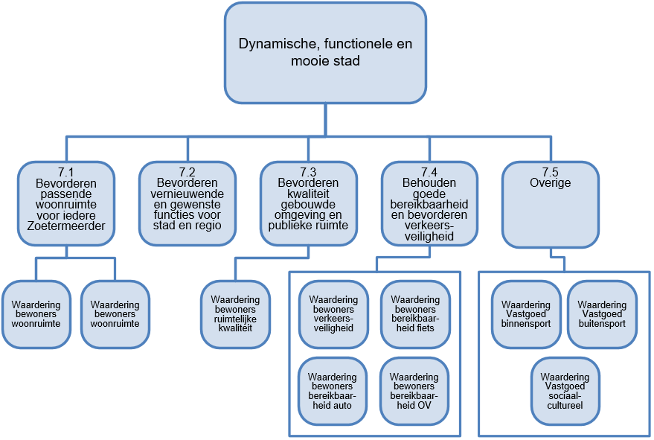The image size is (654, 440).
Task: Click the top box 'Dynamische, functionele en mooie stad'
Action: click(x=325, y=52)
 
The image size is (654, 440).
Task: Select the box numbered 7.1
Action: click(x=67, y=204)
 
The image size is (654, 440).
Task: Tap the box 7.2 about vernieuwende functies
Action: click(x=188, y=204)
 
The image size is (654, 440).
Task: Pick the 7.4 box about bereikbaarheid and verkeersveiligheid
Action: click(x=429, y=204)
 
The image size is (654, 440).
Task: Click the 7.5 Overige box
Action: click(x=551, y=204)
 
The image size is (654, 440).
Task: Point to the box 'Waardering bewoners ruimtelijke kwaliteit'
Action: click(x=235, y=314)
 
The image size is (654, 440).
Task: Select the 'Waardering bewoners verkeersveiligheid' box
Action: click(x=334, y=314)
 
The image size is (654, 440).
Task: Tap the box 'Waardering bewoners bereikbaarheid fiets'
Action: click(x=415, y=314)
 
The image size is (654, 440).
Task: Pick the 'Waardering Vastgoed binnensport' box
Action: click(x=526, y=314)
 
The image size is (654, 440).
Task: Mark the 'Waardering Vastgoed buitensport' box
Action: click(x=602, y=314)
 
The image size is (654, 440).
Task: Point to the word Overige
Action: click(x=551, y=183)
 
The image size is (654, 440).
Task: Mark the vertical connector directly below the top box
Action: click(x=325, y=119)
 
